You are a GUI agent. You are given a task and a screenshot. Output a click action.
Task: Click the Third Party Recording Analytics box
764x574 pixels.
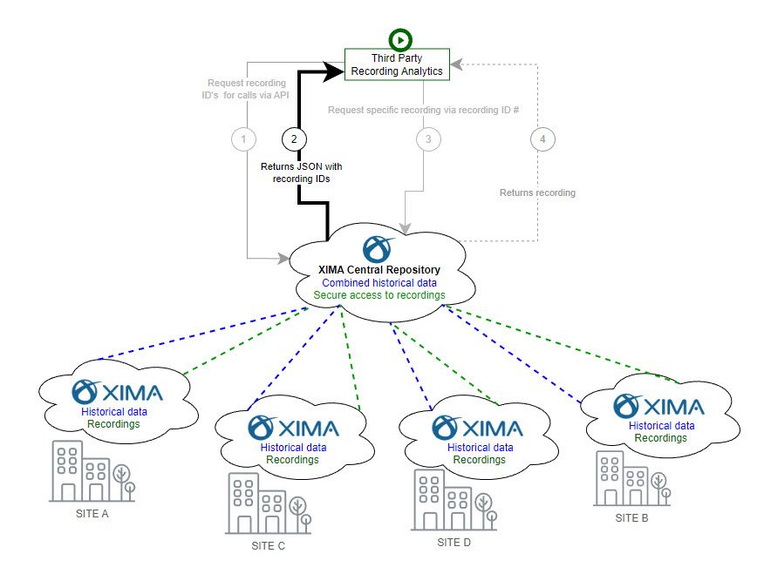396,64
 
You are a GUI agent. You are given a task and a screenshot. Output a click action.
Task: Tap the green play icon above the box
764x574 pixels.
399,38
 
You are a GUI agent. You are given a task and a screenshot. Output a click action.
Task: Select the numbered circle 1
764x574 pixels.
243,138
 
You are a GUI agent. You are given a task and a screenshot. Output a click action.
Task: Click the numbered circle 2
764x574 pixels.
294,138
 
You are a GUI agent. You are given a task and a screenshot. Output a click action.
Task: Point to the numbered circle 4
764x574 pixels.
542,138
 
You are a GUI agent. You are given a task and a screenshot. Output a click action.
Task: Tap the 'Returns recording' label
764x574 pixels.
537,192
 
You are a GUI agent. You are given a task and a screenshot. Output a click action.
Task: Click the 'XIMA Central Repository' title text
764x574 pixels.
380,270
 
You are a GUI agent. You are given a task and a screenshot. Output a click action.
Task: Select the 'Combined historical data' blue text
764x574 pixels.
379,282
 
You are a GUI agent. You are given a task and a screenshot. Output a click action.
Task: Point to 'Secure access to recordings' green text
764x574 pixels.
379,295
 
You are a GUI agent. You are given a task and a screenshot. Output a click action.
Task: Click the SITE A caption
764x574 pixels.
92,514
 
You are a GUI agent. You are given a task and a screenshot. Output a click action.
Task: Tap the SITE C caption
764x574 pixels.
268,546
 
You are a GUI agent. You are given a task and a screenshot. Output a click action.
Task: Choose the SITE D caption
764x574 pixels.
454,542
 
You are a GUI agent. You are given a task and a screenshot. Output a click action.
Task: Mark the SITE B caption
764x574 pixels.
632,518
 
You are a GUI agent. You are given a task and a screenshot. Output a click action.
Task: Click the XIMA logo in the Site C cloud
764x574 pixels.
293,427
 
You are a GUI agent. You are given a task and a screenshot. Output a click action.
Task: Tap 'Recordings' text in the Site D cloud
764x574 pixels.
479,459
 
